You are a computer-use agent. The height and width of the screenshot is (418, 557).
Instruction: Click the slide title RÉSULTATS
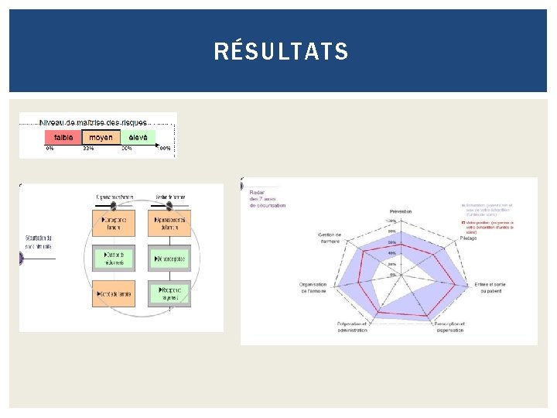pos(281,52)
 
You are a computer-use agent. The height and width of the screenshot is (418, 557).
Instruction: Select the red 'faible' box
pos(63,137)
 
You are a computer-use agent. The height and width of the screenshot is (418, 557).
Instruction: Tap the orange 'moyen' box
pos(101,137)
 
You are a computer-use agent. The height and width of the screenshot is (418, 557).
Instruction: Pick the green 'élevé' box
pos(138,137)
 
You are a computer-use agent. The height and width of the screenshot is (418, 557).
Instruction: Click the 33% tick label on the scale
pos(89,149)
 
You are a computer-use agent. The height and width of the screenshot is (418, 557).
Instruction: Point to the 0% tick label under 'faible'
pos(50,149)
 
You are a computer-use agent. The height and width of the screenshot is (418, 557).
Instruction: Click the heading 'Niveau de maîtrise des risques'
pos(93,122)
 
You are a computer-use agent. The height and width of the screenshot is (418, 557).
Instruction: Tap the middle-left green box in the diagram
pos(114,257)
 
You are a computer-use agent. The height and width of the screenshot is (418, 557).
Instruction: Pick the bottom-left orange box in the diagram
pos(114,293)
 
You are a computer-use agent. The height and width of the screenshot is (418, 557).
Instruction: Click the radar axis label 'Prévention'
pos(401,211)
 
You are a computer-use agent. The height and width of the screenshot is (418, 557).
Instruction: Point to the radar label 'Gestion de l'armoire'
pos(330,237)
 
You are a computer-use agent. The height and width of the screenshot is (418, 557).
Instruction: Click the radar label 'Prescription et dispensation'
pos(449,327)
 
